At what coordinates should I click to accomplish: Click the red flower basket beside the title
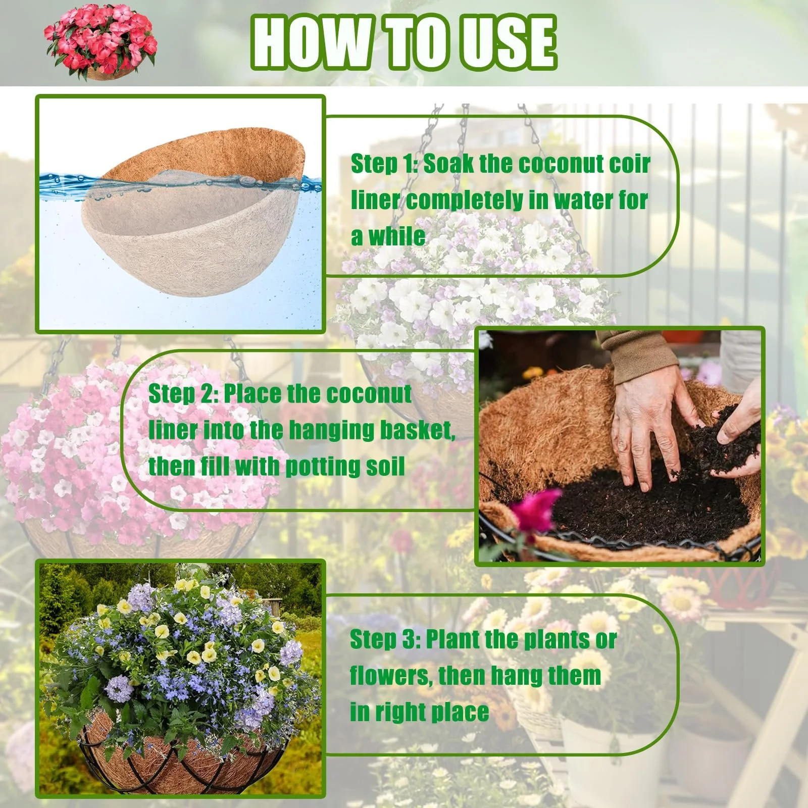100,42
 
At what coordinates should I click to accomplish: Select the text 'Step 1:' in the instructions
385,164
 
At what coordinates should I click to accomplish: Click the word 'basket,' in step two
417,430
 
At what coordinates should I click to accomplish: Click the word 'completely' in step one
465,201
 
